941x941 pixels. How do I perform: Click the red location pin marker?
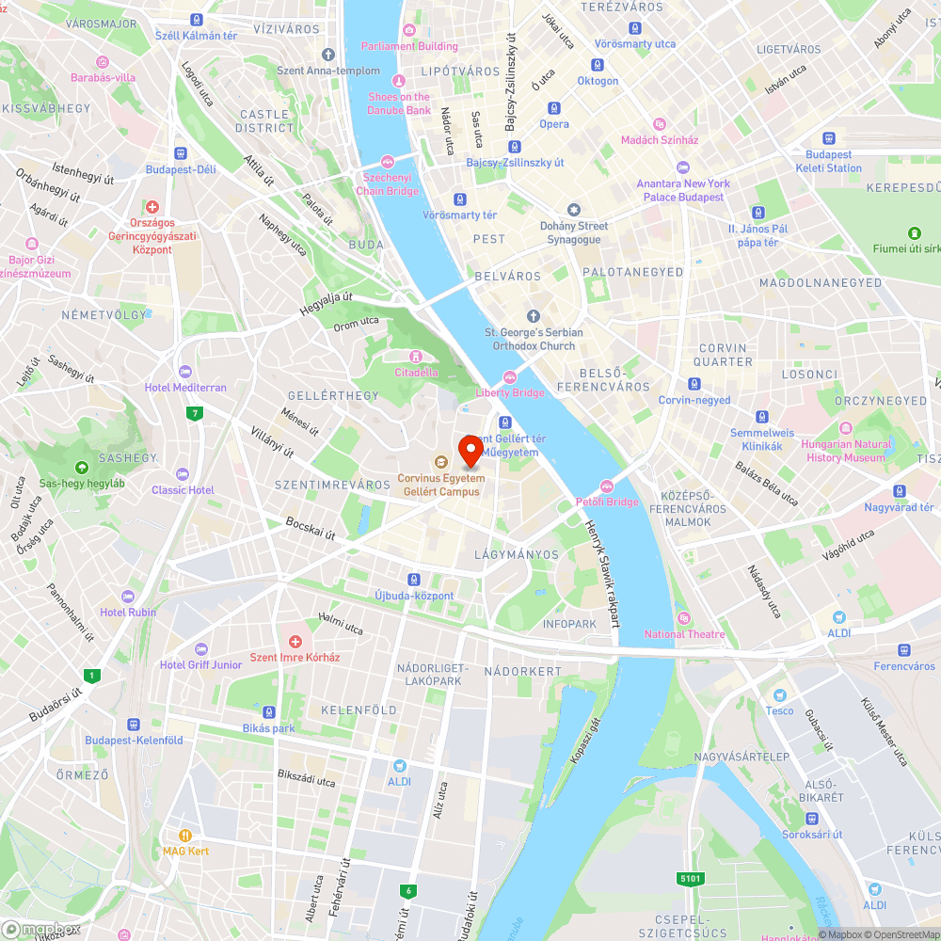tap(470, 451)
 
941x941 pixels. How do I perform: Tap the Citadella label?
tap(416, 372)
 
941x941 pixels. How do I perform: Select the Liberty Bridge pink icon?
tap(510, 376)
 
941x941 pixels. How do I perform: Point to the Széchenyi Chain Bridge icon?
tap(387, 162)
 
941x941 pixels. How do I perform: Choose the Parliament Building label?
tap(410, 46)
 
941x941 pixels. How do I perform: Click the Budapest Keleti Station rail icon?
tap(829, 137)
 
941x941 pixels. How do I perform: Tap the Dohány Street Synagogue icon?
tap(573, 209)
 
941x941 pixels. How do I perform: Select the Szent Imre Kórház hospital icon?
tap(295, 641)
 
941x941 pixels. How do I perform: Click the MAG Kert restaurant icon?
tap(185, 835)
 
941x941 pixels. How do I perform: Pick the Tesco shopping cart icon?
tap(778, 694)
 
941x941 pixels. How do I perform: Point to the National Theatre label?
tap(685, 634)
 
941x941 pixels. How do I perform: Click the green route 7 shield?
tap(195, 413)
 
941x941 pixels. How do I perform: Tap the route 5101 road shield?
tap(690, 879)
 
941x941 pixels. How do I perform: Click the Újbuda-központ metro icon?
tap(413, 580)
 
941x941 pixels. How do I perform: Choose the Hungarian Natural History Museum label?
tap(847, 451)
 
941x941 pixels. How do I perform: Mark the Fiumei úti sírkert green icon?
tap(913, 232)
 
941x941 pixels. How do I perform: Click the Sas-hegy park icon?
tap(82, 467)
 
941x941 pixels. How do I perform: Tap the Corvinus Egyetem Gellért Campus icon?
tap(439, 461)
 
